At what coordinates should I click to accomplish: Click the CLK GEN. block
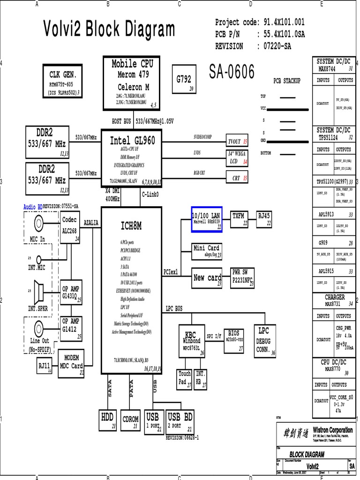click(x=62, y=81)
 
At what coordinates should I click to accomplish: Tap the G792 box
click(x=184, y=82)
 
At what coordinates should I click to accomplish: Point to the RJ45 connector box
click(x=264, y=219)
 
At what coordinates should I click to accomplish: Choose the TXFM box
click(x=239, y=219)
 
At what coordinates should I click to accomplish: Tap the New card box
click(x=207, y=278)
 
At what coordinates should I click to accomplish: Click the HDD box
click(x=108, y=420)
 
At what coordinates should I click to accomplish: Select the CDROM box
click(x=130, y=420)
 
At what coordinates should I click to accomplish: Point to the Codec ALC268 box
click(x=70, y=227)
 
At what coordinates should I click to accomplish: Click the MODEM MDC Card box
click(x=70, y=362)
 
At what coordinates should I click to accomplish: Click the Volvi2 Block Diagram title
click(x=109, y=30)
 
